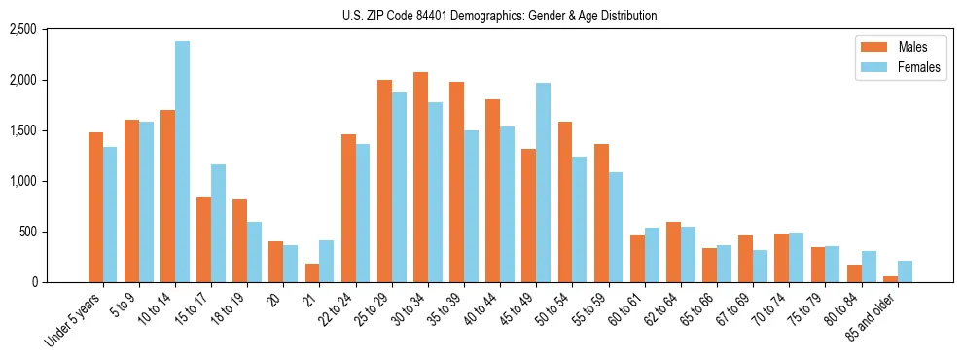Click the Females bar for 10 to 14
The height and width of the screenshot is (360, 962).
(183, 162)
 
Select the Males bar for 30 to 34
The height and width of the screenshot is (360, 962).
(420, 177)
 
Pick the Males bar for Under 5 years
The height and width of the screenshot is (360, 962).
(95, 207)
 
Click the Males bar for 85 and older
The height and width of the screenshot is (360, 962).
(890, 279)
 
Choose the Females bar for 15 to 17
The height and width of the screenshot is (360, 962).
(219, 223)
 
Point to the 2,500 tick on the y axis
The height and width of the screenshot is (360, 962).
(48, 30)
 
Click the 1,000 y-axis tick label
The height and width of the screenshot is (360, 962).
(48, 181)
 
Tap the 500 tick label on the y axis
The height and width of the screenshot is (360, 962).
(53, 232)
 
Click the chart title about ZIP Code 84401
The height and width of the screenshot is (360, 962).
(499, 16)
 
